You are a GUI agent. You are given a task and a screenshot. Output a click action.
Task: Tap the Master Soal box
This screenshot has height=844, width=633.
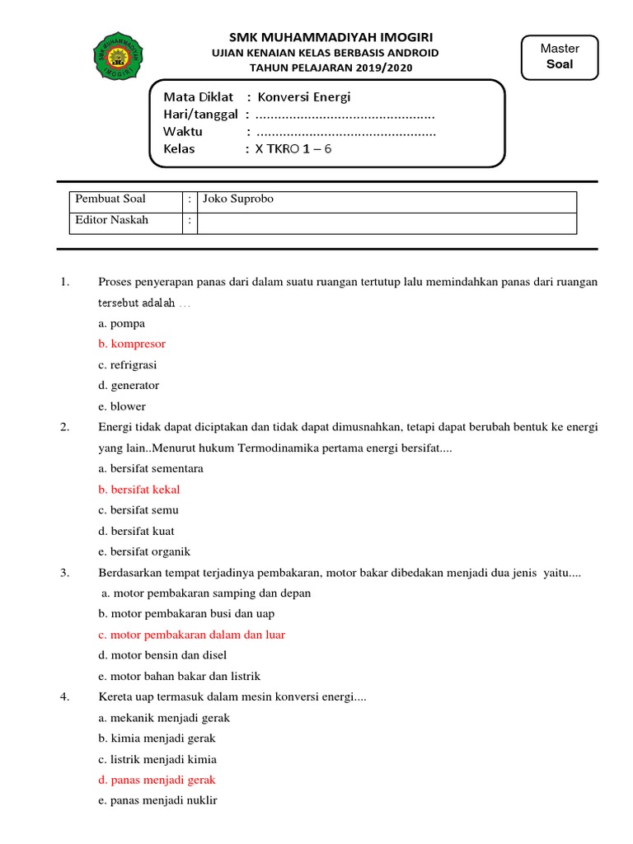[x=560, y=57]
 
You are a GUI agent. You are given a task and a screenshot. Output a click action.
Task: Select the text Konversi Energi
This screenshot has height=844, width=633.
[x=304, y=97]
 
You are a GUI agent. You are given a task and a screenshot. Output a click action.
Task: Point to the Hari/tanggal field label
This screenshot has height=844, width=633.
[x=200, y=114]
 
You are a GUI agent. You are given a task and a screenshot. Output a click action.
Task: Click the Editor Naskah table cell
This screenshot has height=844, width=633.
[x=125, y=221]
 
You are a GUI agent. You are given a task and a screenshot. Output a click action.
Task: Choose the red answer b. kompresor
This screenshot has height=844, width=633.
[x=132, y=344]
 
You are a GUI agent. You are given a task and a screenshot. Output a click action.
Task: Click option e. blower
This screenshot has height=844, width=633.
[x=122, y=406]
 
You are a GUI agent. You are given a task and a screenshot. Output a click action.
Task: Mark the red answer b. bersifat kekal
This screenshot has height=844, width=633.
[x=138, y=490]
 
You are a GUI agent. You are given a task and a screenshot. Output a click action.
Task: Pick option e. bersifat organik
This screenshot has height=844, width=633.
[x=144, y=552]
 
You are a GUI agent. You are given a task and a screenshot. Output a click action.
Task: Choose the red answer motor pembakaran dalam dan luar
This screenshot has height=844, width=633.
[x=191, y=635]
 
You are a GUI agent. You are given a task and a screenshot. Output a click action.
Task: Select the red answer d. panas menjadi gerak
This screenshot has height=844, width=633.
[x=157, y=780]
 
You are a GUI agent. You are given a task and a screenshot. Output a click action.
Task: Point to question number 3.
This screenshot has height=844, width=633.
[x=64, y=573]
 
